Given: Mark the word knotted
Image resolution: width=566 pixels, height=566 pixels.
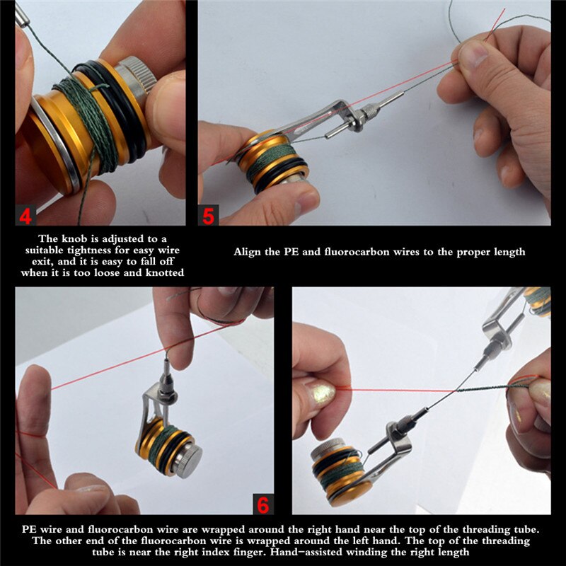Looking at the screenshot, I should pyautogui.click(x=165, y=274).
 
